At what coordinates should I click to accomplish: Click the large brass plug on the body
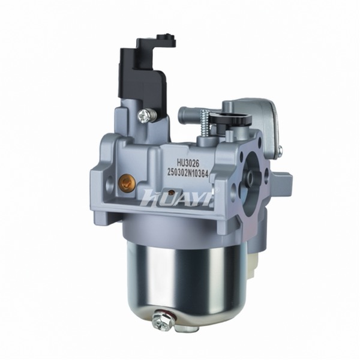click(x=125, y=183)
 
